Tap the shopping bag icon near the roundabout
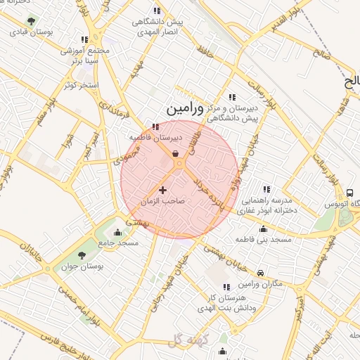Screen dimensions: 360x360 pos(174,154)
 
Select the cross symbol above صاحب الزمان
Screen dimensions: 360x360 pos(163,189)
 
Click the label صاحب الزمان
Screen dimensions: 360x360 pos(162,201)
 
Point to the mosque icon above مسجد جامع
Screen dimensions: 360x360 pos(117,233)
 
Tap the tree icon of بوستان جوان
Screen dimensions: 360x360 pos(82,255)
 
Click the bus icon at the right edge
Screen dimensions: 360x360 pos(349,193)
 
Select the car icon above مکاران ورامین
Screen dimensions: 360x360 pos(261,272)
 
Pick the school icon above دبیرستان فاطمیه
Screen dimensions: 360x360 pos(155,127)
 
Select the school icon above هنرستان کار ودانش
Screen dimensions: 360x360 pos(226,287)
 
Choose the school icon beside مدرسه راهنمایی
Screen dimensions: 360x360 pos(266,189)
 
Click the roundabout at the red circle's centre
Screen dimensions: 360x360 pos(179,164)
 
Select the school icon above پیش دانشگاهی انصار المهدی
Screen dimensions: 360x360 pos(156,11)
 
